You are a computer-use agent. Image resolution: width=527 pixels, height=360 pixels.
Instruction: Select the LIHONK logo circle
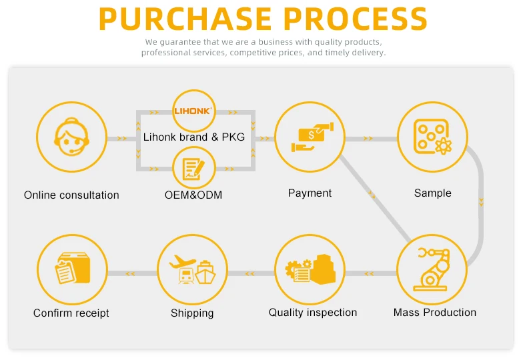click(x=193, y=111)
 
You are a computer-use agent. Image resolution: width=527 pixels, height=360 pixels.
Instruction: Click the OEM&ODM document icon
click(x=193, y=167)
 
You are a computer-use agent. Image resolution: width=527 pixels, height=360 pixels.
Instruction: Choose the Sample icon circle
click(x=432, y=136)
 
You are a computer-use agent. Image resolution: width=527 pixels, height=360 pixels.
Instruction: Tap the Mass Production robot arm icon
click(x=431, y=269)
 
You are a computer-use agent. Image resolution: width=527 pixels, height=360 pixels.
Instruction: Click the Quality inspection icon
click(x=310, y=269)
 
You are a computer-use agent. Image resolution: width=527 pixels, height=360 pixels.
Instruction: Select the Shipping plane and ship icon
click(x=192, y=269)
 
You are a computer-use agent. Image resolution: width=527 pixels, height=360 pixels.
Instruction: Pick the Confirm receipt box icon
click(x=71, y=269)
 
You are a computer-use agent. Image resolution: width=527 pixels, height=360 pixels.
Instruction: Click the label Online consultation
click(x=71, y=195)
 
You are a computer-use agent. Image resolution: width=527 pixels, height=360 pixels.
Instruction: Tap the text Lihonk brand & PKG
click(x=194, y=137)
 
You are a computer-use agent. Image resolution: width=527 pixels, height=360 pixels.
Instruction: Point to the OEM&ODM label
click(x=193, y=195)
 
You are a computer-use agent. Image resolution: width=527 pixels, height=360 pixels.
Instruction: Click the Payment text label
click(x=310, y=193)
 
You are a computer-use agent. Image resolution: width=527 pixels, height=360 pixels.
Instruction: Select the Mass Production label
click(x=434, y=313)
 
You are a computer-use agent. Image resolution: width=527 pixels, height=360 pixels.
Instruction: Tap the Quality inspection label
click(x=313, y=313)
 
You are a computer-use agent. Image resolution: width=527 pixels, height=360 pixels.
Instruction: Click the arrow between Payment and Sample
click(x=368, y=139)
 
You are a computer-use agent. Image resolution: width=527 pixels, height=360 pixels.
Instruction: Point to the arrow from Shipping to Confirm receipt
click(x=130, y=273)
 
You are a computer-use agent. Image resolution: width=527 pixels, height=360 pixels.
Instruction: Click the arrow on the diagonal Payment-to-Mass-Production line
click(x=372, y=195)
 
